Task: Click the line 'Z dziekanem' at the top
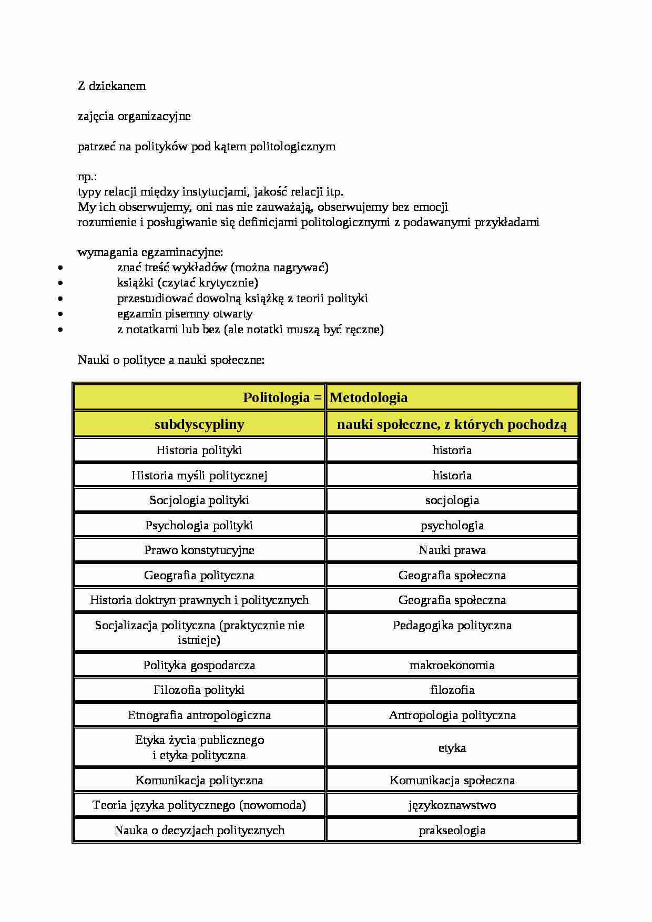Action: coord(111,86)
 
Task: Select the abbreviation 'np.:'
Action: coord(87,177)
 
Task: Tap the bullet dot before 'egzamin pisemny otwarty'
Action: coord(62,314)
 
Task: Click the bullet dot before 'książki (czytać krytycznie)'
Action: coord(62,283)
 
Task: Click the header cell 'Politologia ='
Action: coord(282,397)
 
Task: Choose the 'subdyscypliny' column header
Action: coord(199,424)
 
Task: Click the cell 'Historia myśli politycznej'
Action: coord(199,475)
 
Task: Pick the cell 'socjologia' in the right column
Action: coord(452,500)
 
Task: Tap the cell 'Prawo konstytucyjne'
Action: coord(199,550)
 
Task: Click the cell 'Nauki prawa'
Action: coord(452,550)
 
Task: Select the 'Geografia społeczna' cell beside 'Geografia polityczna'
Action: coord(452,575)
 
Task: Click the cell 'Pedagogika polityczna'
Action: coord(452,625)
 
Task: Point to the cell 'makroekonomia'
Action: coord(452,665)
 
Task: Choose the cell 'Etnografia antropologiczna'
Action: coord(199,715)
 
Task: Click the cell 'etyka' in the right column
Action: coord(452,747)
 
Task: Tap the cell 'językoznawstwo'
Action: coord(452,805)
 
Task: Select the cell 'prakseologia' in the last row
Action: coord(452,830)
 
